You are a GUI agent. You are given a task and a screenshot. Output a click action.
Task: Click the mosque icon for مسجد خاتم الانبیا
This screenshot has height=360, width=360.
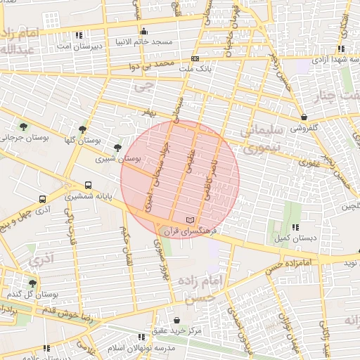[x=144, y=31]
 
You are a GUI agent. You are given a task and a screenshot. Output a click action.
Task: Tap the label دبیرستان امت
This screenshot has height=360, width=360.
[x=79, y=46]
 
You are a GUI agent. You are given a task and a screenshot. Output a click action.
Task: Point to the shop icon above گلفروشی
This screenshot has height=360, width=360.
[x=304, y=117]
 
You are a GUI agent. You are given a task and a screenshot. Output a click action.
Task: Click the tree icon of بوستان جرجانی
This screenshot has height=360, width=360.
[x=24, y=127]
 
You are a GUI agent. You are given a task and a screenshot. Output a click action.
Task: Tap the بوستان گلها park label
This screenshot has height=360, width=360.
[x=83, y=140]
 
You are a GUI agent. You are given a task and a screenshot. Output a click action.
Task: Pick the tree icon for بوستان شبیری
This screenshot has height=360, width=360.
[x=117, y=147]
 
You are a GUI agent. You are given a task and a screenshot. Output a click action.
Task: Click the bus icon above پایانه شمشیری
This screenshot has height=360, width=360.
[x=88, y=185]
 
